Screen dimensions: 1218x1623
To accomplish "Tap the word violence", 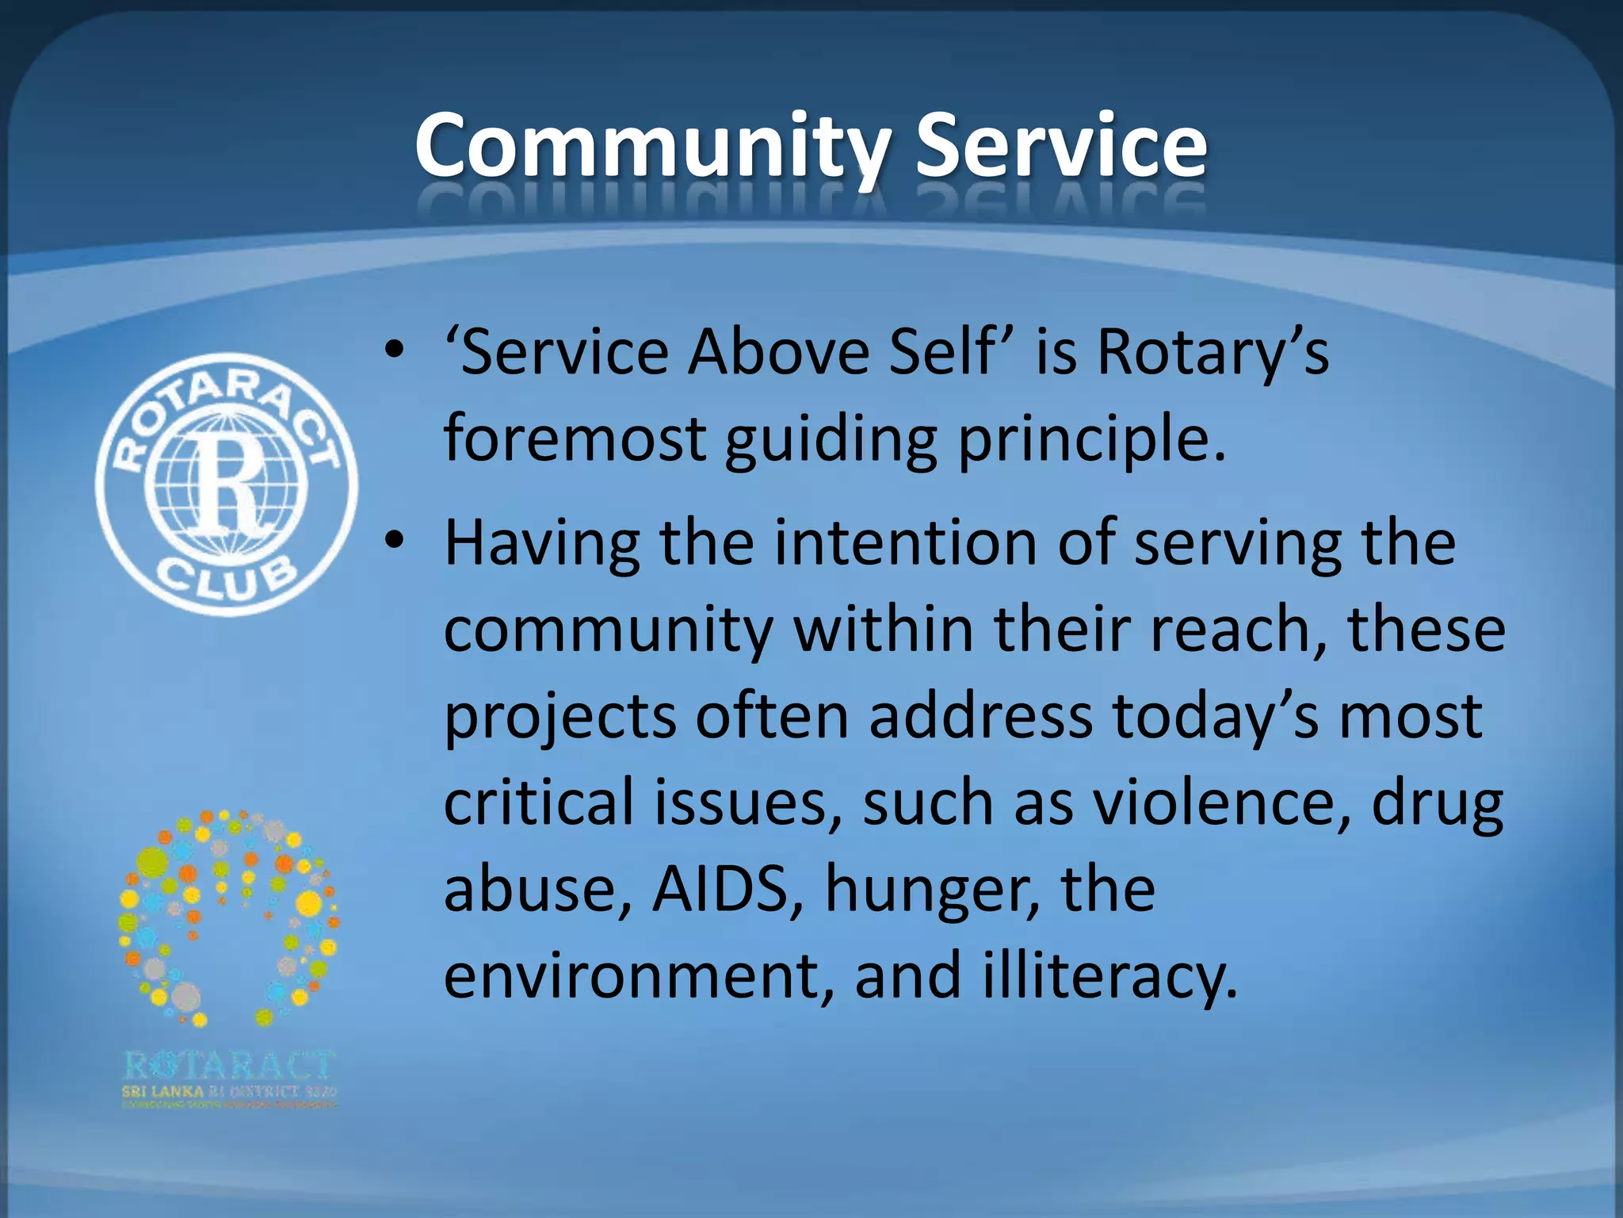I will click(1221, 802).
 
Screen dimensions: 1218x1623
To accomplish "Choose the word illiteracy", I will click(1109, 976).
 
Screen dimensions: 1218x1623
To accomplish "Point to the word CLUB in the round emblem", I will click(227, 578).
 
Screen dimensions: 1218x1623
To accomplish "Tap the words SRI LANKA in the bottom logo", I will click(162, 1092).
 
